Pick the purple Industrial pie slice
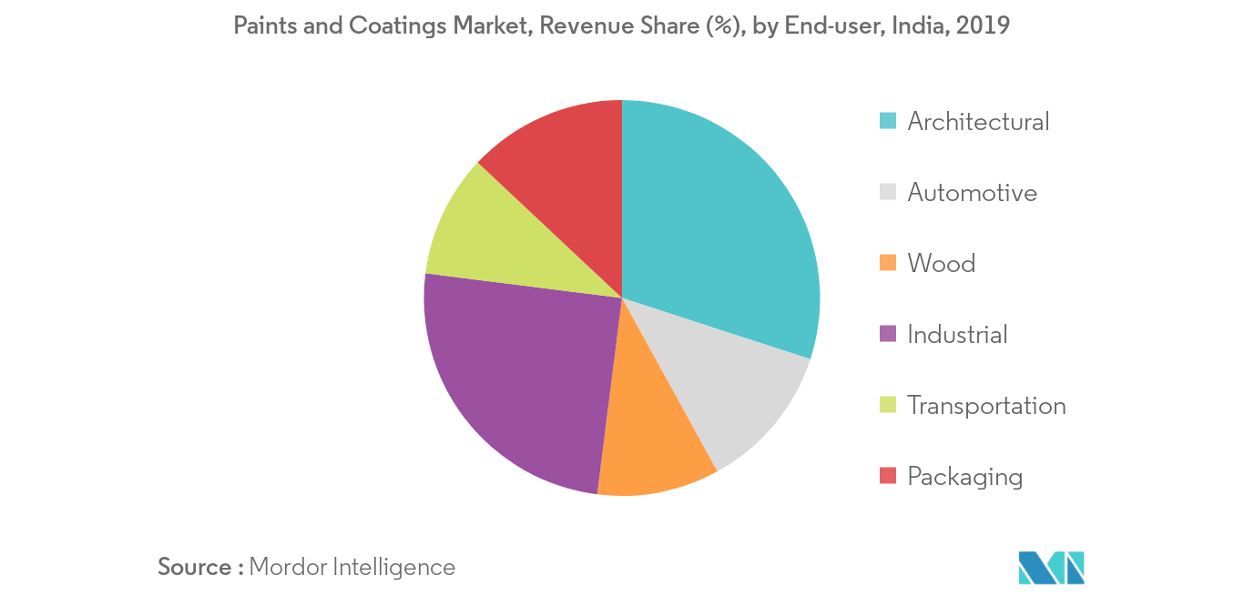coord(522,378)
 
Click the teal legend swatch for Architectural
coord(887,121)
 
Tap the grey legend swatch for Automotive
coord(887,192)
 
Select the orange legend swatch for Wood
coord(887,263)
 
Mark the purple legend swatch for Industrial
coord(887,334)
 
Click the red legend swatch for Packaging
coord(887,476)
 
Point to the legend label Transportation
coord(987,406)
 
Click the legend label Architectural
coord(979,122)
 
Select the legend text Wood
coord(942,264)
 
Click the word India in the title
coord(920,25)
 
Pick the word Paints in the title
coord(265,25)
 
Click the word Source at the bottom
coord(194,567)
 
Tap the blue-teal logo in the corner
coord(1051,568)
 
